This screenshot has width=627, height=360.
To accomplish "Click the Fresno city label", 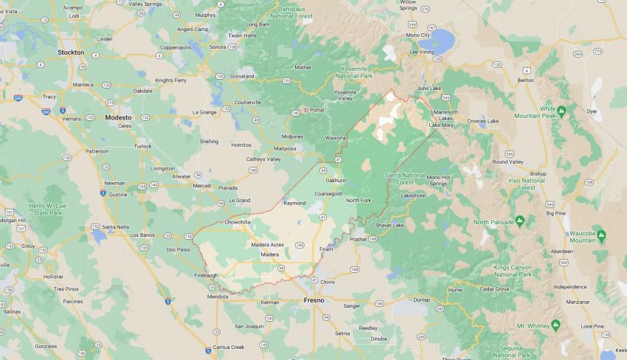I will pyautogui.click(x=313, y=300).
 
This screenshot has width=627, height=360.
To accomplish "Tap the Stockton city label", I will pyautogui.click(x=71, y=52).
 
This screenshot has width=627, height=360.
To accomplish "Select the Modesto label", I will pyautogui.click(x=118, y=117).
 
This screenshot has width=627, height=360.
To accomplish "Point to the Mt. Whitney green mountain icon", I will pyautogui.click(x=555, y=325).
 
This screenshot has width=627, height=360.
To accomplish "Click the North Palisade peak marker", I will pyautogui.click(x=519, y=221).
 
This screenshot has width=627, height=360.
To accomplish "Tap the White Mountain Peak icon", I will pyautogui.click(x=561, y=111).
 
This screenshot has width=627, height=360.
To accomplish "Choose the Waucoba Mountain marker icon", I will pyautogui.click(x=601, y=236).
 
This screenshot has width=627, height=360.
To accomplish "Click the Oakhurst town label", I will pyautogui.click(x=336, y=179).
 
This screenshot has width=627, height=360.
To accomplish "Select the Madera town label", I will pyautogui.click(x=270, y=255).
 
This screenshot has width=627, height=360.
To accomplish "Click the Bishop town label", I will pyautogui.click(x=538, y=173).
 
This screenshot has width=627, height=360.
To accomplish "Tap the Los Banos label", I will pyautogui.click(x=143, y=235).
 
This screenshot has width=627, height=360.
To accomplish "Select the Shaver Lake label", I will pyautogui.click(x=389, y=224).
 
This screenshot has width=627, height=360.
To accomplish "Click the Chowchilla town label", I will pyautogui.click(x=238, y=221).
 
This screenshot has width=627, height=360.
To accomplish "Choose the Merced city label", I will pyautogui.click(x=201, y=186).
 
